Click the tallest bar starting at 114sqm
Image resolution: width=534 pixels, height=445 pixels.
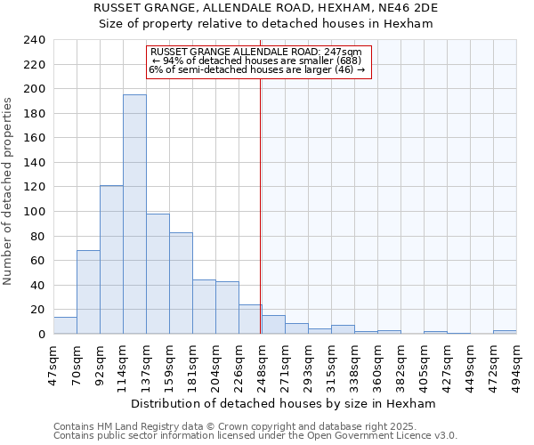point(134,214)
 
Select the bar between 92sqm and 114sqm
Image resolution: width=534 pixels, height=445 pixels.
point(111,259)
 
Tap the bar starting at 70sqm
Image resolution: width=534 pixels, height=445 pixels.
point(88,292)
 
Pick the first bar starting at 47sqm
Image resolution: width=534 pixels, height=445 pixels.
point(65,326)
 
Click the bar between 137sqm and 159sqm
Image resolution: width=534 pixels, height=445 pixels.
point(158,273)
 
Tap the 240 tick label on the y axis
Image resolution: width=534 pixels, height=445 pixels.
point(34,40)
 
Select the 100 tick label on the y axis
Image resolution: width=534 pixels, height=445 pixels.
point(34,212)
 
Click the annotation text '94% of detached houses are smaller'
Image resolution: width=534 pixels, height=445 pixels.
point(256,61)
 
